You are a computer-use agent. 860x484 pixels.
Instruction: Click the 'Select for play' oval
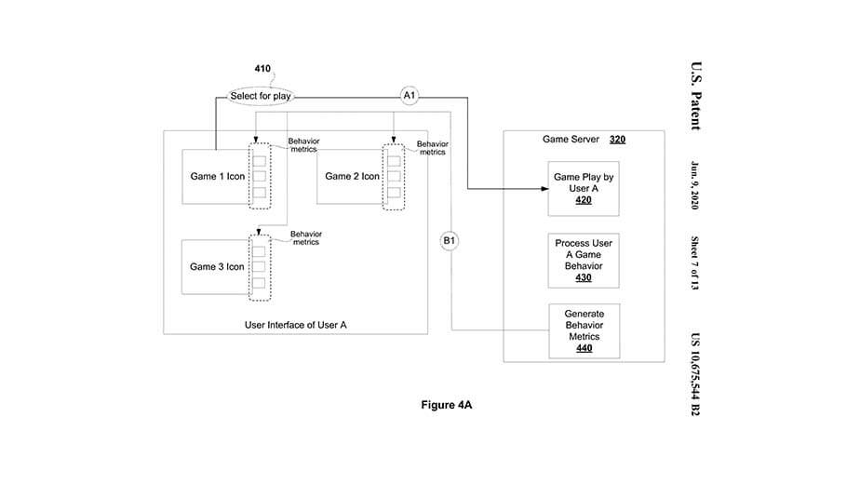(x=261, y=97)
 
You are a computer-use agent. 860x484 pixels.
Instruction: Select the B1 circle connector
(x=450, y=241)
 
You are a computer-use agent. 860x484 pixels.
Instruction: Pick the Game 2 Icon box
(x=351, y=176)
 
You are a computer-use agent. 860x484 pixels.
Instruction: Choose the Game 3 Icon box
(x=216, y=266)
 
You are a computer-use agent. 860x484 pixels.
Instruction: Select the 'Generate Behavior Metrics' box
(x=583, y=331)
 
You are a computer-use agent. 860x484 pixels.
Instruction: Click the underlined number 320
(x=617, y=140)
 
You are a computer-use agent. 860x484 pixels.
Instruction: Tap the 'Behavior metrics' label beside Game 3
(x=306, y=238)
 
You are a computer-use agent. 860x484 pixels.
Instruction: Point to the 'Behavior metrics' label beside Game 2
(x=432, y=148)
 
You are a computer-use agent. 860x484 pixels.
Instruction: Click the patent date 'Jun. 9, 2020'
(x=694, y=186)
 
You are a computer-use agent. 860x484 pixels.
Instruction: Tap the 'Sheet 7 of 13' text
(x=694, y=263)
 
